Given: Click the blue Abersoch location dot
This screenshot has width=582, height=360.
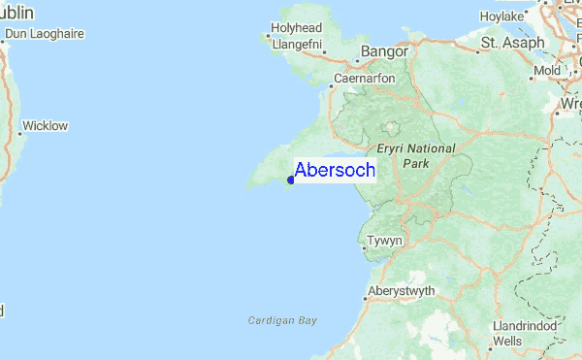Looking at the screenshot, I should (291, 180).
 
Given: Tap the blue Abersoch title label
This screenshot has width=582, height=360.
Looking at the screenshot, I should (334, 170).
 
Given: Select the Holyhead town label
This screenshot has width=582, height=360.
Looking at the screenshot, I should (296, 28).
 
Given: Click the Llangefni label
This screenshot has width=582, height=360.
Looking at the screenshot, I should (296, 44).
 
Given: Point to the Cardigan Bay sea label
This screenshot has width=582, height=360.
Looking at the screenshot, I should (282, 319).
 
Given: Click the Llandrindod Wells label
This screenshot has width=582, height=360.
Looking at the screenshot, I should (524, 334).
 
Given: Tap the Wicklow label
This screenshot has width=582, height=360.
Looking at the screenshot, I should (45, 125).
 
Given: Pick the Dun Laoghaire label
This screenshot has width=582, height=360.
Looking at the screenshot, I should (45, 34).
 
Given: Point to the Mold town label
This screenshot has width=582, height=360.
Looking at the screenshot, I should (547, 71).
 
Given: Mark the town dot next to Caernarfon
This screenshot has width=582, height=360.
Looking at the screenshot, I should (330, 86).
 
